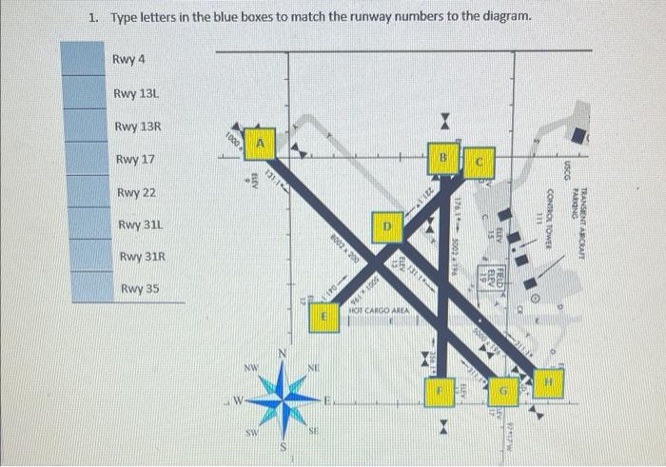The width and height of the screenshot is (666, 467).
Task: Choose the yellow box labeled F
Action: point(440,390)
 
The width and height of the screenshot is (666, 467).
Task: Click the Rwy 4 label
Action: point(128,60)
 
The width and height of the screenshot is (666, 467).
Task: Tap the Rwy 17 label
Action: point(133,159)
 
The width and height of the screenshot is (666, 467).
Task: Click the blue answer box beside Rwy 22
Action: point(82,192)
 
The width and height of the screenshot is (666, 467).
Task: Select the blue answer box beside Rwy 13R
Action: point(82,126)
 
